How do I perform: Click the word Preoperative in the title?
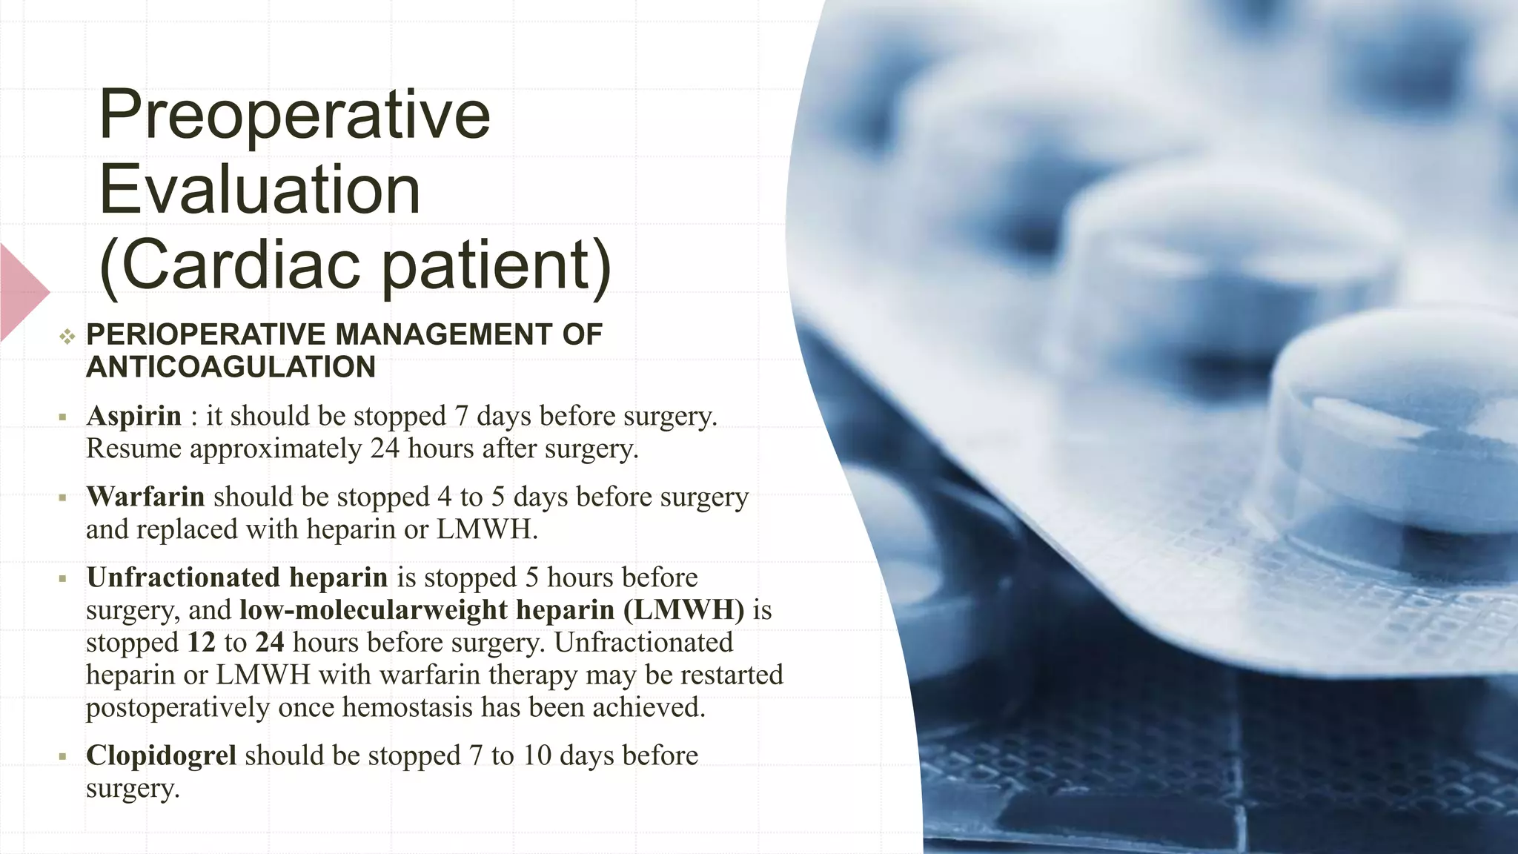[294, 114]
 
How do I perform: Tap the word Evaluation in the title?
[259, 190]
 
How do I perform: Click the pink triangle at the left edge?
[22, 292]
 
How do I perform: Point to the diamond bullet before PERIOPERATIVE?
[67, 337]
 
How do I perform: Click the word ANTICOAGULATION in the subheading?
[231, 368]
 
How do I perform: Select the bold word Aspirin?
[134, 416]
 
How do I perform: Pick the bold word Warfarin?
[145, 497]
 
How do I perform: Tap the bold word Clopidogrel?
[161, 755]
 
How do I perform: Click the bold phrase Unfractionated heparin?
[237, 577]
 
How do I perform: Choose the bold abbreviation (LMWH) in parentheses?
[684, 610]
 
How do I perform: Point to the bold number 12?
[201, 642]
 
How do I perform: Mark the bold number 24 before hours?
[270, 642]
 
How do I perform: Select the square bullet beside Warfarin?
[63, 498]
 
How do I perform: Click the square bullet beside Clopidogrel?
[63, 757]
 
